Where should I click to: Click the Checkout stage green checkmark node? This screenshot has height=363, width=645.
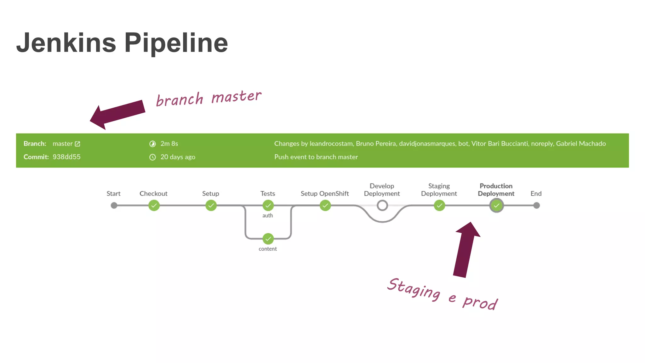[154, 206]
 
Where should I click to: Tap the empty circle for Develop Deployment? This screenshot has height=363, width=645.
[382, 206]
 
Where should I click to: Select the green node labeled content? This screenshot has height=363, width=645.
[268, 239]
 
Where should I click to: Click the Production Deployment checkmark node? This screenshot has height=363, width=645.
[496, 206]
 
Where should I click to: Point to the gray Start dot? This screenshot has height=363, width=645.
[114, 206]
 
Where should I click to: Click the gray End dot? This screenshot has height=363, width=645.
[536, 206]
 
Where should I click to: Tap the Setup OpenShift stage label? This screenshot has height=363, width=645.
[324, 194]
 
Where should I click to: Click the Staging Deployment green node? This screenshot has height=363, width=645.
[439, 206]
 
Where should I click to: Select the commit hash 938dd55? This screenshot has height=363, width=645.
[66, 157]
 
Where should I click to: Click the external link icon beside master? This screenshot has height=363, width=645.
[77, 144]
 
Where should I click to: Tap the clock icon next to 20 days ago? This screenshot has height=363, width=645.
[152, 157]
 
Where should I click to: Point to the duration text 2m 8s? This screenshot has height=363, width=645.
[169, 144]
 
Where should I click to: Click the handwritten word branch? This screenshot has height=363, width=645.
[180, 100]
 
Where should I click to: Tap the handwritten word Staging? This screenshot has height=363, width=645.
[414, 289]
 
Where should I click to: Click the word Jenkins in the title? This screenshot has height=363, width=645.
[66, 43]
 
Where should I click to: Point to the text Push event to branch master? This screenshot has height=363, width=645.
[316, 157]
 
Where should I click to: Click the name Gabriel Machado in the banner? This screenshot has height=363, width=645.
[580, 144]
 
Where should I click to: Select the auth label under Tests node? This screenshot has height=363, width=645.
[267, 216]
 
